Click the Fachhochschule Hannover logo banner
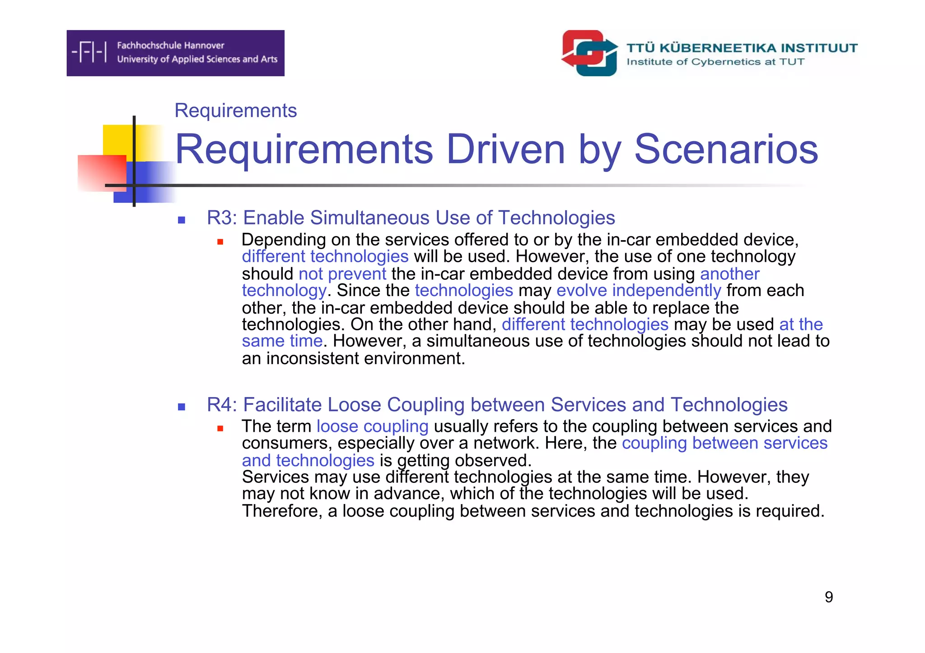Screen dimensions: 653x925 (175, 53)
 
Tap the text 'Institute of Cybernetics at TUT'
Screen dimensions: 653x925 (715, 62)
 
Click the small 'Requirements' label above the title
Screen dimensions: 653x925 (235, 111)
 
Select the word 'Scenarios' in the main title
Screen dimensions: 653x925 (726, 149)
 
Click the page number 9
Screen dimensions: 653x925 (828, 597)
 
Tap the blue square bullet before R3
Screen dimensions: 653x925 (182, 220)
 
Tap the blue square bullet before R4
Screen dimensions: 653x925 (182, 407)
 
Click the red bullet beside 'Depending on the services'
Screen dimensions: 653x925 (220, 242)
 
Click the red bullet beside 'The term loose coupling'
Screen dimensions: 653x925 (220, 429)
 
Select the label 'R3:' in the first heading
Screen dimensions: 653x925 (222, 218)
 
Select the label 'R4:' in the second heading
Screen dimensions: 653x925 (222, 405)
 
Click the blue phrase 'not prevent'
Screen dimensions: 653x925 (342, 274)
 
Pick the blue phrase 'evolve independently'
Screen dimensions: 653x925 (638, 290)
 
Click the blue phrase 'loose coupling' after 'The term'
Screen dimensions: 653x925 (372, 426)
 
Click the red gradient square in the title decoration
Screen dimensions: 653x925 (101, 173)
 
